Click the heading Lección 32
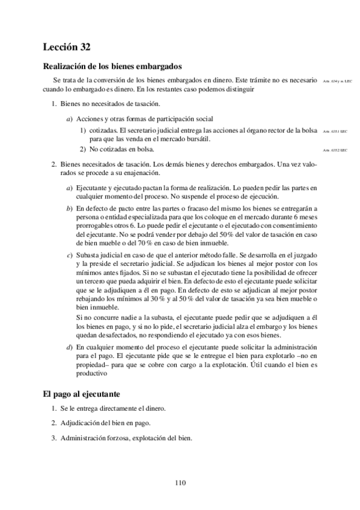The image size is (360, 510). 67,46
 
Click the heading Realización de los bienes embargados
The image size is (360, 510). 113,66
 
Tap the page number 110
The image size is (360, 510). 180,482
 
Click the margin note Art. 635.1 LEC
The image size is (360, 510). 335,131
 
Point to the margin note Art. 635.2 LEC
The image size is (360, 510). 335,150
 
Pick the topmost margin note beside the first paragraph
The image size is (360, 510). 335,81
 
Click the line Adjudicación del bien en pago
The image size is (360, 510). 105,423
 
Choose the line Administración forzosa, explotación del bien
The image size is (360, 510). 126,438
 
